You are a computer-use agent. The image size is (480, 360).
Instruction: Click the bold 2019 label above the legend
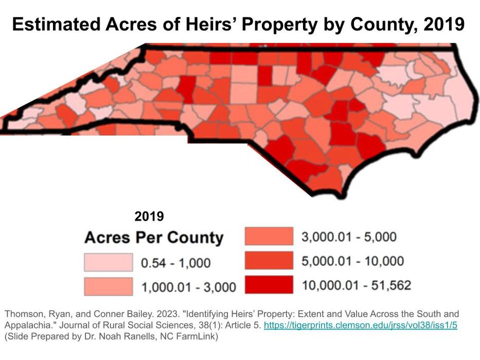[x=149, y=217]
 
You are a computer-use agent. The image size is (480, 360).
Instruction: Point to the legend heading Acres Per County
[x=154, y=238]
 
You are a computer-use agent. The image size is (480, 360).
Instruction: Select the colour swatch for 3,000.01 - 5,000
[x=269, y=237]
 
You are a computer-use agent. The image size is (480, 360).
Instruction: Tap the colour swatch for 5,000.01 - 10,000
[x=269, y=261]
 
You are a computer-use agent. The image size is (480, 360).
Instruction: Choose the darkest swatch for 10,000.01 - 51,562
[x=269, y=284]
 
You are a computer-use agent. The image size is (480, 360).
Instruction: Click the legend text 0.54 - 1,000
[x=175, y=263]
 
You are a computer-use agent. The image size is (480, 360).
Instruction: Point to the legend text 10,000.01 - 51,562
[x=357, y=285]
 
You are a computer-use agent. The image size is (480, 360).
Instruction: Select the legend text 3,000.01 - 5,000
[x=349, y=237]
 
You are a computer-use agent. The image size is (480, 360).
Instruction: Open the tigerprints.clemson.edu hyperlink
[x=361, y=326]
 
